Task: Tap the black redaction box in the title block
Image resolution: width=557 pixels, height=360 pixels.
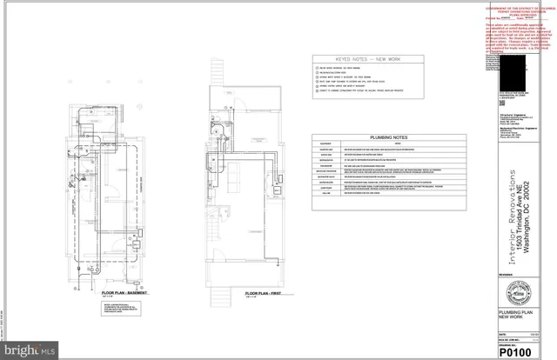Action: (x=519, y=73)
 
